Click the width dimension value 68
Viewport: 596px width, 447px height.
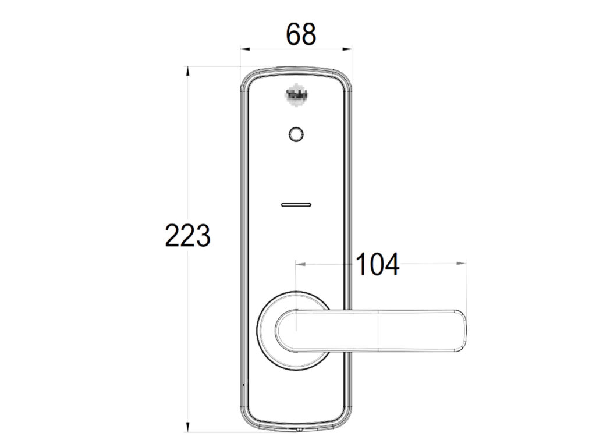pyautogui.click(x=301, y=35)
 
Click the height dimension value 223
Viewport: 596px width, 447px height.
pyautogui.click(x=187, y=236)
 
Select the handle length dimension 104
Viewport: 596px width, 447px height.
pyautogui.click(x=377, y=265)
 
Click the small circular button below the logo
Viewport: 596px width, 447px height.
pyautogui.click(x=296, y=134)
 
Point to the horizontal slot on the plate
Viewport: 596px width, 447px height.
pyautogui.click(x=296, y=205)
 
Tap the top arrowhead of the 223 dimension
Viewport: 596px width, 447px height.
pyautogui.click(x=187, y=70)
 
